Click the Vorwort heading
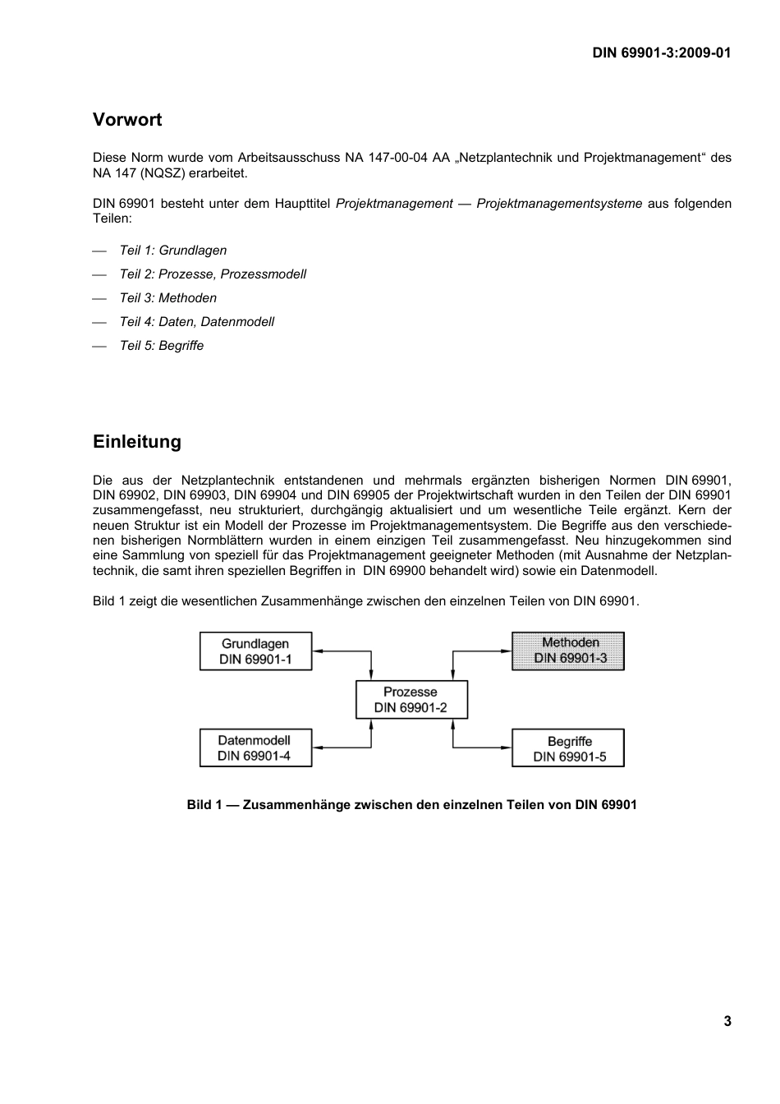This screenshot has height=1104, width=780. pyautogui.click(x=127, y=120)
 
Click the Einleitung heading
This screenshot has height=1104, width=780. pyautogui.click(x=137, y=442)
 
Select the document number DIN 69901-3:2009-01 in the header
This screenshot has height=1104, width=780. pyautogui.click(x=661, y=53)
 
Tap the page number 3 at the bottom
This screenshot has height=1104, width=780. pyautogui.click(x=727, y=1021)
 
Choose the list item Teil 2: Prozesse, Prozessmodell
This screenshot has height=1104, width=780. pyautogui.click(x=213, y=274)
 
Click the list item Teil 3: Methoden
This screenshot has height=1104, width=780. pyautogui.click(x=168, y=298)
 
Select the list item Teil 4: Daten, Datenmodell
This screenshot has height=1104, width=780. pyautogui.click(x=197, y=322)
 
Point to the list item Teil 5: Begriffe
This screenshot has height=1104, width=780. pyautogui.click(x=162, y=346)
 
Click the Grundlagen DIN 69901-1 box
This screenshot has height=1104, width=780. pyautogui.click(x=255, y=651)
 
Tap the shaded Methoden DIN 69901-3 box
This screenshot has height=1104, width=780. pyautogui.click(x=568, y=651)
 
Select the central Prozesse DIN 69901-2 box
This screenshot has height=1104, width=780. pyautogui.click(x=411, y=700)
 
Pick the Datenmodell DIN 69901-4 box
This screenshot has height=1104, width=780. pyautogui.click(x=255, y=748)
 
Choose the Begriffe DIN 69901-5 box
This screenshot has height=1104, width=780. pyautogui.click(x=568, y=748)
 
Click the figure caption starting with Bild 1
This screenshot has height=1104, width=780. pyautogui.click(x=411, y=805)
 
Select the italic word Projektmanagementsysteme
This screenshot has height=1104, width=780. pyautogui.click(x=559, y=204)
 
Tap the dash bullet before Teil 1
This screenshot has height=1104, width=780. pyautogui.click(x=100, y=251)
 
